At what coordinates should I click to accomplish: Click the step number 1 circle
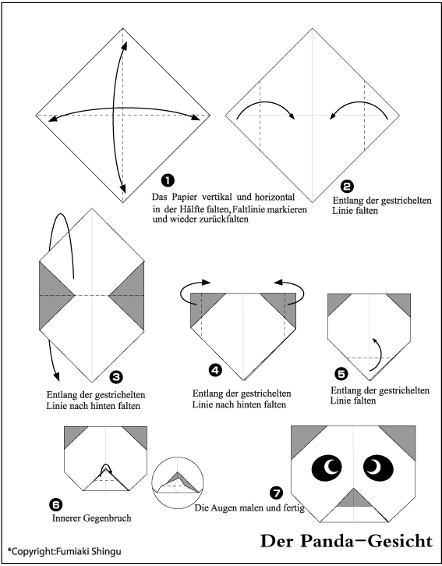(168, 180)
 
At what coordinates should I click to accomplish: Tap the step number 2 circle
(347, 187)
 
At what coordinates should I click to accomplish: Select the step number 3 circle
(116, 377)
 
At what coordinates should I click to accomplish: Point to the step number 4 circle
(216, 370)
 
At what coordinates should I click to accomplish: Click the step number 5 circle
(341, 374)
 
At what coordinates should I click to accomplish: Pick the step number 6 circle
(56, 504)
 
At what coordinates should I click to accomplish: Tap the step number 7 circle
(276, 493)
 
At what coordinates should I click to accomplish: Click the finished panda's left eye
(327, 468)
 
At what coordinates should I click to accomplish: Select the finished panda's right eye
(378, 468)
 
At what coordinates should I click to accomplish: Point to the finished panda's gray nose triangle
(354, 499)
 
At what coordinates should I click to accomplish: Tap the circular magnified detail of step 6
(178, 482)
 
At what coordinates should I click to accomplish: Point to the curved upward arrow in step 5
(378, 355)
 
